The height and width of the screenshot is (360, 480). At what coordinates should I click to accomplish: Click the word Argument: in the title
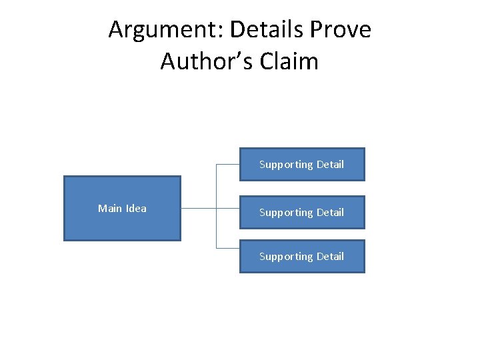[x=155, y=30]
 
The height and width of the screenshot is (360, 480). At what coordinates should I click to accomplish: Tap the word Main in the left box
[x=109, y=208]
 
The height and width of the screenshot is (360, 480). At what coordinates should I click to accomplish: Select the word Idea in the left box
[x=135, y=208]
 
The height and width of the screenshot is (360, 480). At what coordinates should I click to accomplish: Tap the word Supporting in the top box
[x=286, y=165]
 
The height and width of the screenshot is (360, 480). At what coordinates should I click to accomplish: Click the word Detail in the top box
[x=330, y=164]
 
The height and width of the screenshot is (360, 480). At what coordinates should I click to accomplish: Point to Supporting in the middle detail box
[x=286, y=213]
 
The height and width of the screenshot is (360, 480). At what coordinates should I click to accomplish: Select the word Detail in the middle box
[x=330, y=212]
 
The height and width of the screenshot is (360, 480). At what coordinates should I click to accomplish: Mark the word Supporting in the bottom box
[x=286, y=257]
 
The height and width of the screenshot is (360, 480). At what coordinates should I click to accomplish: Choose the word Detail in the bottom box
[x=330, y=256]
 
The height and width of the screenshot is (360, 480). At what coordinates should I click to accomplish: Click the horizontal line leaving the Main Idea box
[x=198, y=208]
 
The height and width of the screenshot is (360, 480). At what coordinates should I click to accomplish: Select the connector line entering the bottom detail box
[x=228, y=248]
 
